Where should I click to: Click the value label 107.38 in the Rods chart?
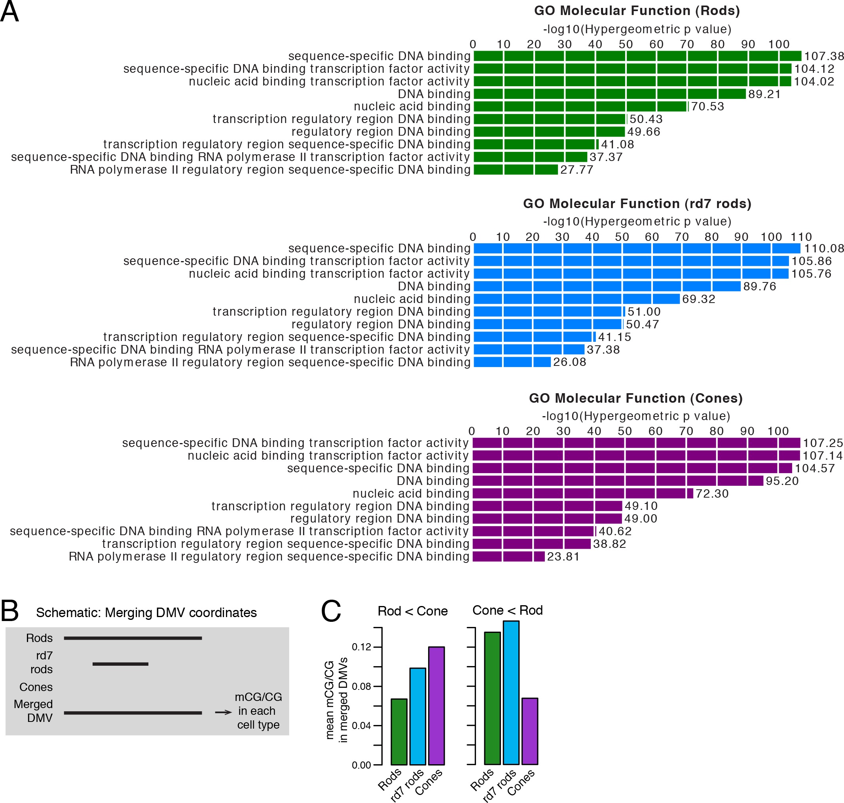pos(823,56)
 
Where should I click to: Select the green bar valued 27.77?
pos(516,170)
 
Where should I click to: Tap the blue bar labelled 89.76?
pos(607,286)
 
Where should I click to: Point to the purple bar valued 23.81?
pos(508,557)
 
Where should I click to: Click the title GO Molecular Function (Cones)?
pos(635,398)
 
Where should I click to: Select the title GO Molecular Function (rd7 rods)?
pos(637,203)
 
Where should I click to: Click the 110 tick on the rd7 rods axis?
pos(801,237)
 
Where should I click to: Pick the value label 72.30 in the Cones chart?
pos(712,494)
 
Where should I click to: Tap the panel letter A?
pos(9,11)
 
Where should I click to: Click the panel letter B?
pos(9,610)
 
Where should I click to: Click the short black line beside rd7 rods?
pos(120,664)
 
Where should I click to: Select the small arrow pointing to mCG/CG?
pos(223,712)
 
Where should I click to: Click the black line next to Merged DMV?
pos(133,713)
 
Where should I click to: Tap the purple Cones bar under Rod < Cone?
pos(436,705)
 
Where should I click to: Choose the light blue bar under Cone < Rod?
pos(511,692)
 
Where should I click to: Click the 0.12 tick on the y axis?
pos(361,646)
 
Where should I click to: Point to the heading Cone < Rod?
pos(507,610)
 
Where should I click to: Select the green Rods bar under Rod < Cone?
pos(399,731)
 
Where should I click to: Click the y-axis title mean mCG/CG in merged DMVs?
pos(336,700)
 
